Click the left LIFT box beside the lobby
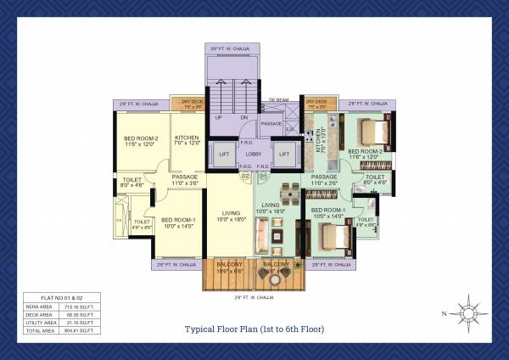(225, 155)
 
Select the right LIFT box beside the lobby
(285, 155)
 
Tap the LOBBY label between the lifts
(254, 155)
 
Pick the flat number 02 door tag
(245, 177)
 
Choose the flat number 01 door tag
(263, 177)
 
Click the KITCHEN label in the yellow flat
(187, 138)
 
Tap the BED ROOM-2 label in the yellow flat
(142, 139)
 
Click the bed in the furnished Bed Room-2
(373, 132)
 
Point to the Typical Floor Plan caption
(255, 328)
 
